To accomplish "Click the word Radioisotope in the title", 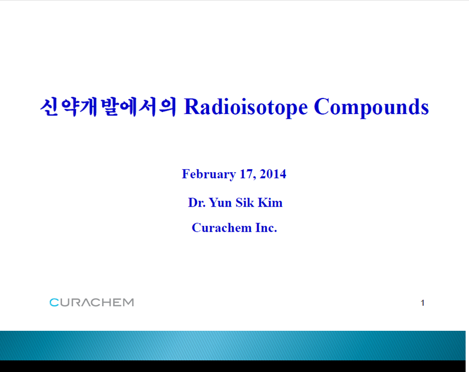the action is pos(246,107).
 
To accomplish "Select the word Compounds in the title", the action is pos(371,107).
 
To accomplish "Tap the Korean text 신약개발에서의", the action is pos(108,107).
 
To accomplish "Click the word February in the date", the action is pos(209,174).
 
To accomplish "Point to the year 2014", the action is pos(273,174).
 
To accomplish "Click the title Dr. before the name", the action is pos(197,202).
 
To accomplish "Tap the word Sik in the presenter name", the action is pos(244,202).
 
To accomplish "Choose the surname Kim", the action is pos(270,202).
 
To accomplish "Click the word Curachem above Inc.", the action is pos(222,228).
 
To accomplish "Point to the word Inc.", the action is pos(266,228).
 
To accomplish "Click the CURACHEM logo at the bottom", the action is pos(92,302).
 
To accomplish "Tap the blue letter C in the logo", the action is pos(54,302).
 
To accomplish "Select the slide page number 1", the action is pos(422,303).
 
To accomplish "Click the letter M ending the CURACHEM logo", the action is pos(129,302).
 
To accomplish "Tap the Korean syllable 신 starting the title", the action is pos(49,107).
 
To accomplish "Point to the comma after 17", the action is pos(255,178).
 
